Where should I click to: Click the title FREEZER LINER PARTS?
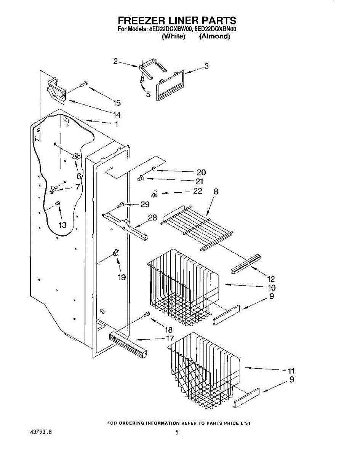point(177,21)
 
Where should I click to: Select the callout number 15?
point(117,102)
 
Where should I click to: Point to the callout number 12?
point(271,279)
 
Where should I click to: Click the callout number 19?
point(122,277)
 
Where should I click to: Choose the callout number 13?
point(62,225)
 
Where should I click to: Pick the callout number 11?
point(291,370)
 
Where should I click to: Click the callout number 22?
point(198,191)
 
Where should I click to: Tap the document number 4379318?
point(41,432)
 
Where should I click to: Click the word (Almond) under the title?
point(214,37)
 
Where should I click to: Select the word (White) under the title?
point(173,37)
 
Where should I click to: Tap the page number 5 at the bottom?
point(177,432)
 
